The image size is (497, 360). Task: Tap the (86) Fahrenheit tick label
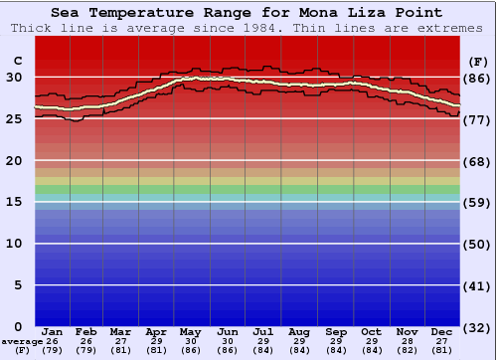click(x=477, y=78)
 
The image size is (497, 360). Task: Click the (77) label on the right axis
click(x=477, y=119)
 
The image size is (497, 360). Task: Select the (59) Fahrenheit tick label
click(x=477, y=202)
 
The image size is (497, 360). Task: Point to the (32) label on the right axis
click(x=477, y=327)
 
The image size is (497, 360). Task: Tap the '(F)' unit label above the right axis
click(x=477, y=61)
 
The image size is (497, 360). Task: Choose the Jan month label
click(x=53, y=332)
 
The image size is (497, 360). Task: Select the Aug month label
click(x=299, y=332)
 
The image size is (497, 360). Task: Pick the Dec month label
click(x=442, y=332)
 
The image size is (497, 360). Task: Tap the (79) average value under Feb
click(x=87, y=349)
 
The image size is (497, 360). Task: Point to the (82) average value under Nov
click(x=407, y=349)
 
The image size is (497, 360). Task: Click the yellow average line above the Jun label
click(x=229, y=80)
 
